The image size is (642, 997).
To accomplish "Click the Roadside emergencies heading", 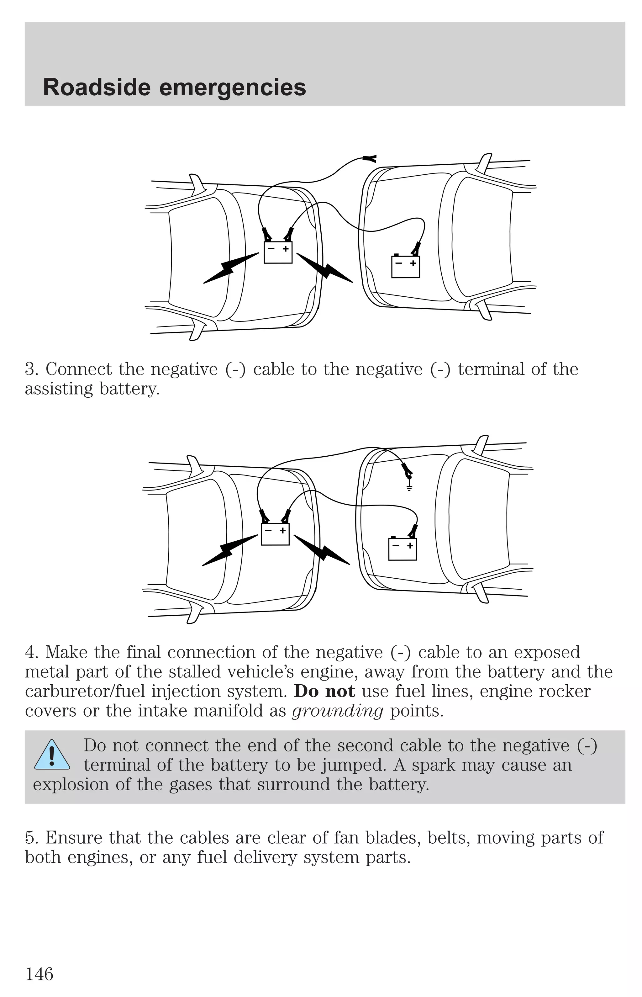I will click(x=174, y=88).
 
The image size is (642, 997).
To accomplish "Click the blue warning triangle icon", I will click(x=52, y=755).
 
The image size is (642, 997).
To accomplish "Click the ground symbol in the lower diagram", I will click(x=409, y=487).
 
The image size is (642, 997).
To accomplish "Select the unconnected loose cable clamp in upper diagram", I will click(x=369, y=158).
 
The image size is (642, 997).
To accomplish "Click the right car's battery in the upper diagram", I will click(x=405, y=267).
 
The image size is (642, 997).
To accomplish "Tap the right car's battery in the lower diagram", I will click(x=402, y=549).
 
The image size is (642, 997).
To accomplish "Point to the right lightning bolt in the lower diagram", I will click(x=322, y=551).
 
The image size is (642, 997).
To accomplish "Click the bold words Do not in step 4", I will click(x=324, y=691).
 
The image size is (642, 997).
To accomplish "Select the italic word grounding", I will click(x=337, y=711).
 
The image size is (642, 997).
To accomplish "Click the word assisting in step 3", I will click(x=58, y=389).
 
